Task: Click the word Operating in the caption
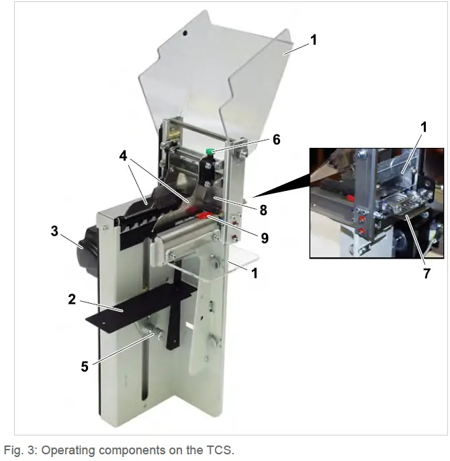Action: (x=66, y=449)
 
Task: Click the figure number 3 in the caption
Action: (x=29, y=449)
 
